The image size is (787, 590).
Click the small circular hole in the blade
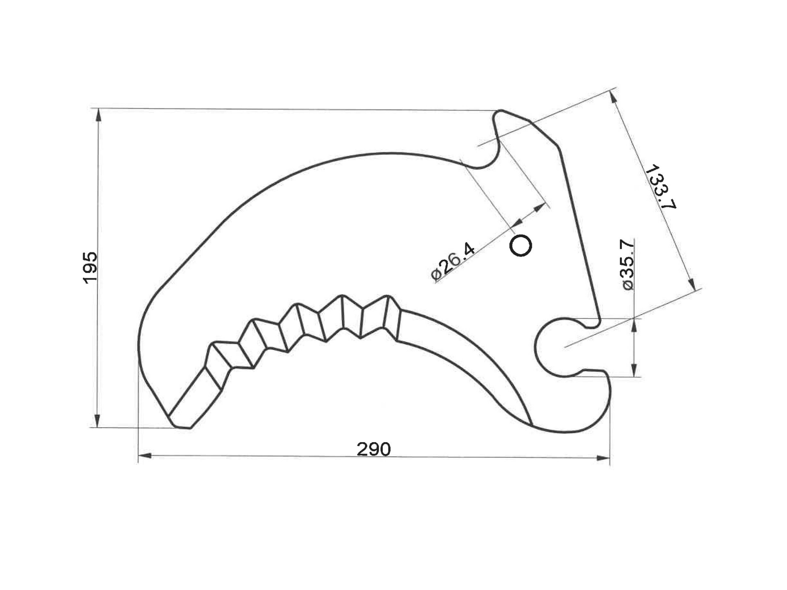point(520,245)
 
